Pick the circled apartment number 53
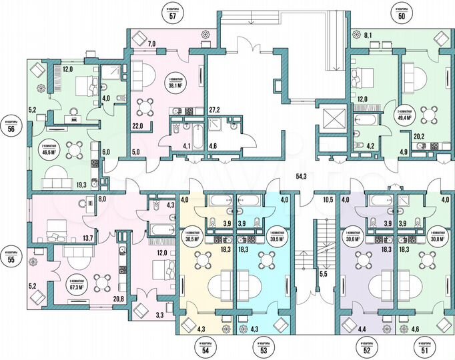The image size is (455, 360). pyautogui.click(x=263, y=349)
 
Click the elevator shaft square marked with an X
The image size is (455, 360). pyautogui.click(x=332, y=119)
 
